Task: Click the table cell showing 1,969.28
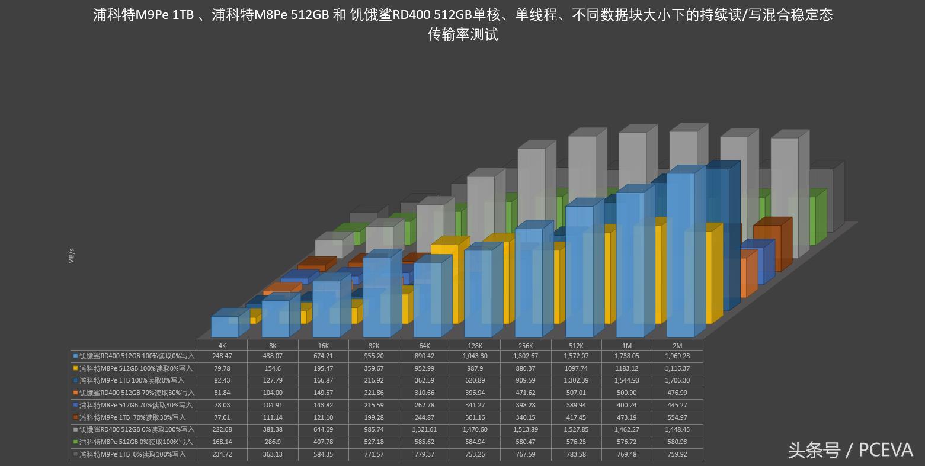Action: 677,356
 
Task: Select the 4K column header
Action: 222,346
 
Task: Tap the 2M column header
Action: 677,346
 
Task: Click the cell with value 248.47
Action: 222,356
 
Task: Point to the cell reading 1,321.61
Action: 424,430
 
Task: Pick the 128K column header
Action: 475,346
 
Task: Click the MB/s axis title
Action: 72,256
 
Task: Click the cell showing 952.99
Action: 424,368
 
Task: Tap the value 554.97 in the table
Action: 677,417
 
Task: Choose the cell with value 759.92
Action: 677,454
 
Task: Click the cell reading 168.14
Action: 222,442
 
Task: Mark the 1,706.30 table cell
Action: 677,380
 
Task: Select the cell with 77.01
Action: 222,417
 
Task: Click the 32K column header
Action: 374,346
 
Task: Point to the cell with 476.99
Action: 677,393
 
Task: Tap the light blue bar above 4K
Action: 225,326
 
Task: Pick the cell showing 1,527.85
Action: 576,430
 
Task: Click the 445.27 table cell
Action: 677,405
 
